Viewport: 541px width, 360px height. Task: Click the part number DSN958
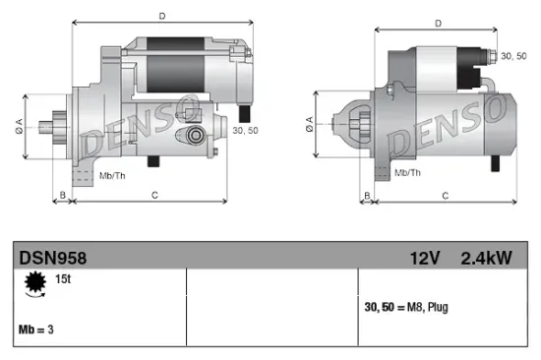(x=53, y=258)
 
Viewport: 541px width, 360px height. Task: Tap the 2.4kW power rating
(x=486, y=258)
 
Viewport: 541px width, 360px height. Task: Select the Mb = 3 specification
(x=35, y=330)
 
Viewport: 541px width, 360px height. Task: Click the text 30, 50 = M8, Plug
(x=405, y=308)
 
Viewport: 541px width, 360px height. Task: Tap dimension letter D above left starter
(x=160, y=16)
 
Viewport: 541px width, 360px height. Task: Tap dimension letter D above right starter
(x=438, y=21)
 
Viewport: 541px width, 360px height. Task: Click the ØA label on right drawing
(x=310, y=123)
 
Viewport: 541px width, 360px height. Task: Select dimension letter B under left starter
(x=63, y=195)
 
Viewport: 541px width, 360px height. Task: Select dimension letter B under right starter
(x=368, y=196)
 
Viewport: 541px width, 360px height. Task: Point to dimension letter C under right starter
(x=445, y=196)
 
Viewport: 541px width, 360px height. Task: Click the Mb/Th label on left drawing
(x=111, y=175)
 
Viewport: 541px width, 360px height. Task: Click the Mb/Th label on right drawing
(x=406, y=172)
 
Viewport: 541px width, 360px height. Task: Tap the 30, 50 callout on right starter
(x=513, y=57)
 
